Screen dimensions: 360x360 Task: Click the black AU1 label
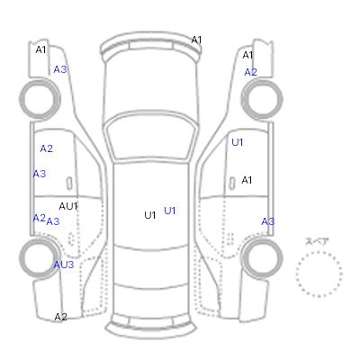click(x=68, y=206)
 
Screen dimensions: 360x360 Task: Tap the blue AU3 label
click(x=64, y=265)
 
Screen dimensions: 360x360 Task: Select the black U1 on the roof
click(x=150, y=215)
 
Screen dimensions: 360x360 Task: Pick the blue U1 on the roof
click(x=170, y=211)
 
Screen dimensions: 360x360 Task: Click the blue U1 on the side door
click(x=238, y=142)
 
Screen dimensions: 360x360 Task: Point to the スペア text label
click(x=317, y=241)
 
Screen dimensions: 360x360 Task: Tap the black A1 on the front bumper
click(x=196, y=40)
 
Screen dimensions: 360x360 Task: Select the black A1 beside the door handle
click(x=247, y=180)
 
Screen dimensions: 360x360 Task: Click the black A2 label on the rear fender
click(x=61, y=317)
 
